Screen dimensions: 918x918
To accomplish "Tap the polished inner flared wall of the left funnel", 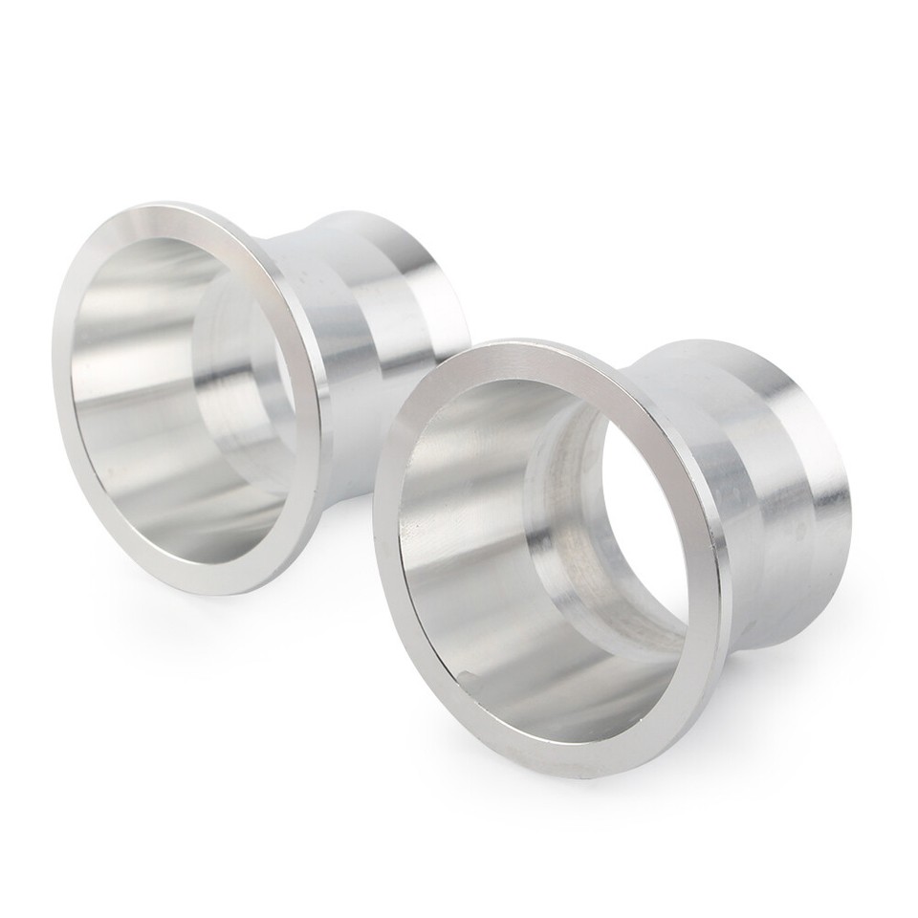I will click(x=124, y=402).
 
